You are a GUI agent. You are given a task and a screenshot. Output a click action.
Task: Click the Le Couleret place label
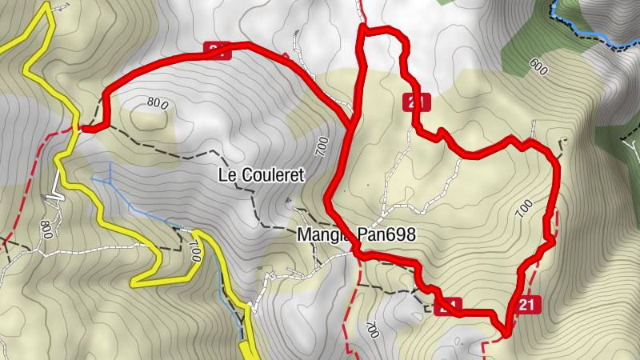(262, 175)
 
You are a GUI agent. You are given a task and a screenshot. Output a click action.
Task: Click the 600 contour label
(537, 68)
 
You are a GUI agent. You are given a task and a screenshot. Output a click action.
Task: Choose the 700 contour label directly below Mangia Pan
(370, 330)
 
